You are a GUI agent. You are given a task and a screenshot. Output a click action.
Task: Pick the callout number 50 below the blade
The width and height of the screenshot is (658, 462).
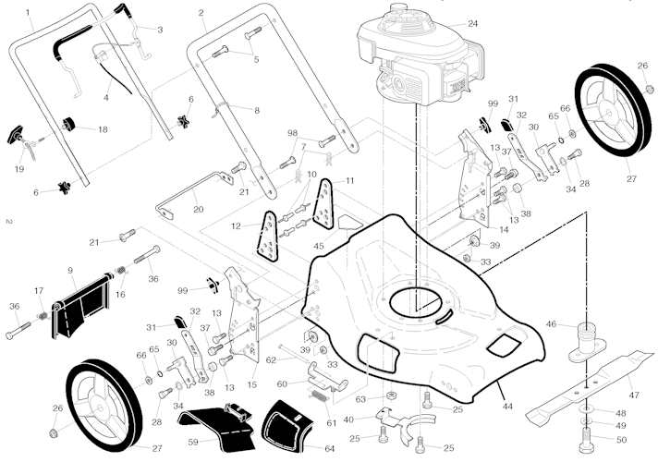click(621, 440)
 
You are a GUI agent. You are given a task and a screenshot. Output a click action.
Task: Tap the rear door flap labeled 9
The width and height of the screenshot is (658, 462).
click(79, 306)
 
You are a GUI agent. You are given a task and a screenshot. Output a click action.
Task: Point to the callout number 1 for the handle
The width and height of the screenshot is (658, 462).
click(29, 13)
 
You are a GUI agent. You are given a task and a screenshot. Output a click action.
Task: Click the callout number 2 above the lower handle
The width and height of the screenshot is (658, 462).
click(201, 13)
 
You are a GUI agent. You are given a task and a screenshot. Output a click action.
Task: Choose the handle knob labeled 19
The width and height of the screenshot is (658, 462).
click(17, 137)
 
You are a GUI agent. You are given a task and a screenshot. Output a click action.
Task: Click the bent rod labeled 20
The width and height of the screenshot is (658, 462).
click(185, 192)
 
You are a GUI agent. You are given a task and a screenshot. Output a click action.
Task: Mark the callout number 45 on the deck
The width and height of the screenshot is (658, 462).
click(319, 246)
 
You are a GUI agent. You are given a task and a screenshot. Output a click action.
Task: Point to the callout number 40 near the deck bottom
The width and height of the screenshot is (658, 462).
click(347, 419)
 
